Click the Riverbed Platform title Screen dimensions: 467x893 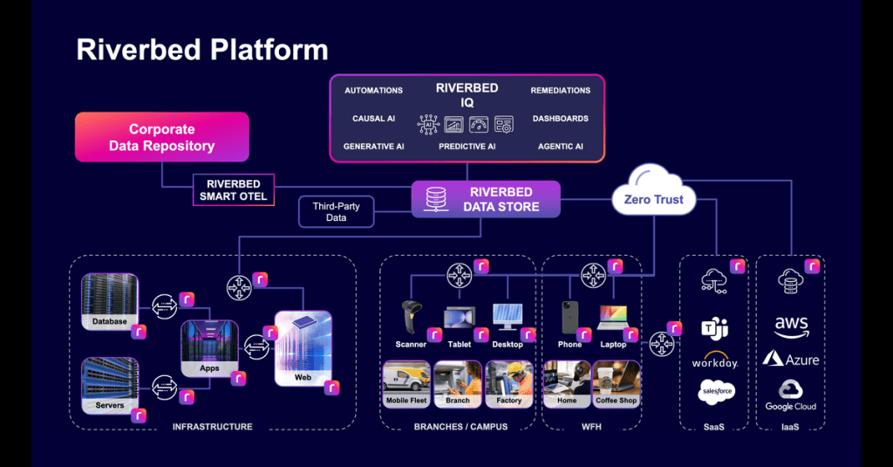(x=202, y=50)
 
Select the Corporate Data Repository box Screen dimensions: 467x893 (x=161, y=137)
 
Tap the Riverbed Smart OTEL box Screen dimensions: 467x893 (x=233, y=190)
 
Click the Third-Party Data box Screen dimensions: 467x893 (x=336, y=211)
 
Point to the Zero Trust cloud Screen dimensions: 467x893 (x=654, y=197)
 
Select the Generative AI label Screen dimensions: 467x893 (x=373, y=147)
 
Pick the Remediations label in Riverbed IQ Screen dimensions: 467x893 (x=560, y=91)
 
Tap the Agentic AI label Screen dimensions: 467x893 (x=560, y=147)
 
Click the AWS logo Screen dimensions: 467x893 (x=791, y=326)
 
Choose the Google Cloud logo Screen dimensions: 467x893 (x=791, y=394)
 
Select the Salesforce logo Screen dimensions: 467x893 (x=716, y=393)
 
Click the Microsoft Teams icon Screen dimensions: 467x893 (x=715, y=328)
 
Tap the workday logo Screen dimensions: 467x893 (x=715, y=361)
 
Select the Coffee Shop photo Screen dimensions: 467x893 (x=616, y=384)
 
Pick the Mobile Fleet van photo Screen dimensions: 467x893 (x=407, y=384)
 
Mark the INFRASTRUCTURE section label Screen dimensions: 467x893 (x=212, y=427)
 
